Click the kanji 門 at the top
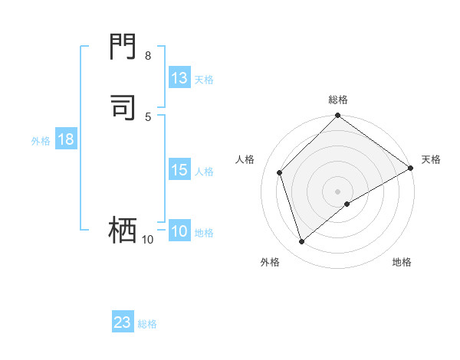pos(123,49)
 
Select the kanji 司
pos(123,107)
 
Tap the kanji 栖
pos(123,230)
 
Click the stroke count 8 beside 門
pos(147,56)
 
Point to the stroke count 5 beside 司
pos(147,116)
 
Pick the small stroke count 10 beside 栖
pos(147,240)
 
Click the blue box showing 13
pos(179,78)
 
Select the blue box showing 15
pos(179,170)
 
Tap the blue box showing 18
pos(65,139)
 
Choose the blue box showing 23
pos(123,322)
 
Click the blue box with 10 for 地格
pos(179,232)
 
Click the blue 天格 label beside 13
pos(204,80)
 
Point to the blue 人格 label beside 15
pos(205,172)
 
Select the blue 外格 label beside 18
pos(41,141)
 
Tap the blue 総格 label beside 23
pos(147,324)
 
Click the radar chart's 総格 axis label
pos(338,100)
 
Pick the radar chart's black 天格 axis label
pos(431,159)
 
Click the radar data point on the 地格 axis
pos(347,204)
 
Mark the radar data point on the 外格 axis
pos(301,242)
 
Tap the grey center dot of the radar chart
pos(338,191)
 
